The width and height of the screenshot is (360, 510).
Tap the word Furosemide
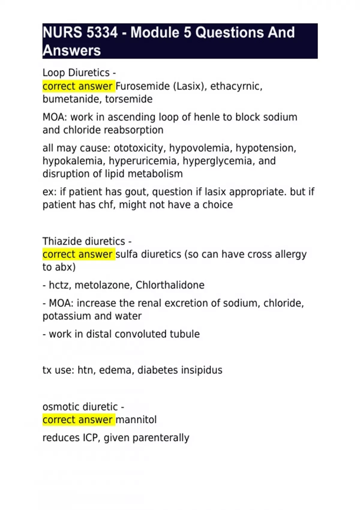click(x=142, y=86)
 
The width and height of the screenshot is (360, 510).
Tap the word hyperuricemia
click(x=144, y=161)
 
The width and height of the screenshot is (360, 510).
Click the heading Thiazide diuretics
click(x=84, y=241)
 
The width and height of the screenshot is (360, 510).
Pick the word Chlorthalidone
click(x=170, y=285)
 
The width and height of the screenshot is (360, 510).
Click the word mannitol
click(x=136, y=420)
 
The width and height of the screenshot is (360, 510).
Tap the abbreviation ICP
click(x=90, y=438)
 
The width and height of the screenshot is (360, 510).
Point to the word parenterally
click(x=161, y=438)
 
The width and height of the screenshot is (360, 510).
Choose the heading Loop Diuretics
click(x=76, y=73)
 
